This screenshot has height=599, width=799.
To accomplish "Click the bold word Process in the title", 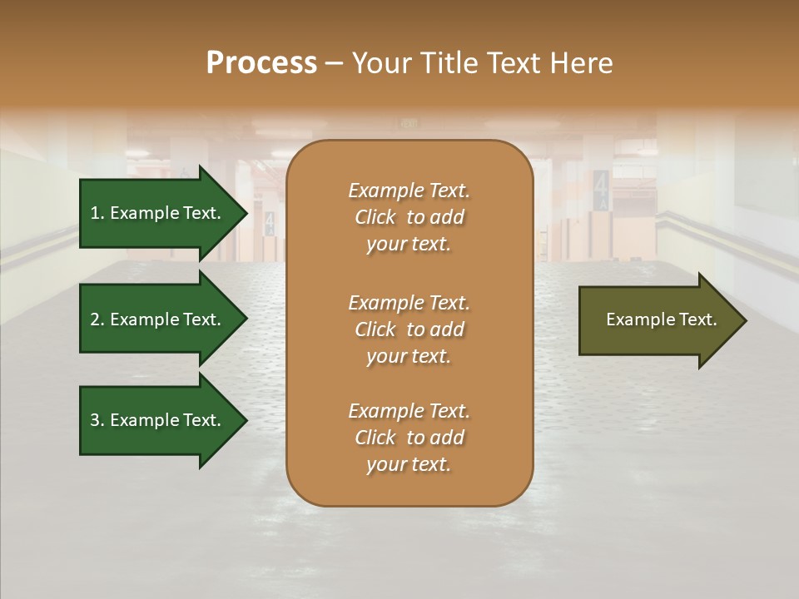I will coord(261,63).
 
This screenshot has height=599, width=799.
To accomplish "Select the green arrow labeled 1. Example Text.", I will coord(158,213).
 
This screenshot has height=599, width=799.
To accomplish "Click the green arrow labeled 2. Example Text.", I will coord(158,319).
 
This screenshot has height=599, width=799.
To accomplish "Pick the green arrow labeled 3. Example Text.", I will coord(158,420).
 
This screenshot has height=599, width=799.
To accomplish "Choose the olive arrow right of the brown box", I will coord(658,320).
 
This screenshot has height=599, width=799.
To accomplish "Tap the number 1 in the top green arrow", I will coord(95,213).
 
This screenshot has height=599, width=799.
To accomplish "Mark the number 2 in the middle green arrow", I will coord(95,319).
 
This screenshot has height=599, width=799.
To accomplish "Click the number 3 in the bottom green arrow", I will coord(95,420).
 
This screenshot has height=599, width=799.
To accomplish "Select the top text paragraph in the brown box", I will coord(409,217).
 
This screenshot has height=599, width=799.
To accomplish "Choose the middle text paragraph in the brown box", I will coord(409,329).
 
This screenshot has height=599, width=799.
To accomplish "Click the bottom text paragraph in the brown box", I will coord(409,438).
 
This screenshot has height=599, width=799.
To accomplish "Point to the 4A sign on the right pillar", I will coord(601,189).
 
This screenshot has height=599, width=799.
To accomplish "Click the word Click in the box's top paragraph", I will coord(375,217).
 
